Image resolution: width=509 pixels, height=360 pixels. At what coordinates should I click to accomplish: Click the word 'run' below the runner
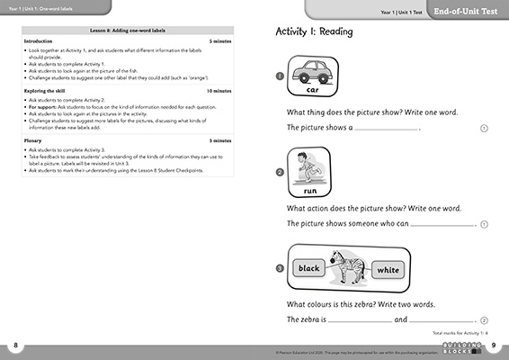pyautogui.click(x=311, y=191)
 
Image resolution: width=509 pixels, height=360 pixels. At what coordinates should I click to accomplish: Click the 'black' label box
pyautogui.click(x=309, y=268)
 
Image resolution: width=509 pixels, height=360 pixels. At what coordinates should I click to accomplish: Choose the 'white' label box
pyautogui.click(x=388, y=269)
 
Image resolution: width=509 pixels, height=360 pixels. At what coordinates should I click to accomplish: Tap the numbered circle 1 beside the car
pyautogui.click(x=281, y=77)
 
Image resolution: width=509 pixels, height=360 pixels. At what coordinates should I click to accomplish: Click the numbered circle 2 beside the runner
pyautogui.click(x=281, y=173)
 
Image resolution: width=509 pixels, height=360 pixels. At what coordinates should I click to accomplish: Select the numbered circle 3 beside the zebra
pyautogui.click(x=281, y=268)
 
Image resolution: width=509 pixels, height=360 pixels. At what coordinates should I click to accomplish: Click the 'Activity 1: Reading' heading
pyautogui.click(x=314, y=31)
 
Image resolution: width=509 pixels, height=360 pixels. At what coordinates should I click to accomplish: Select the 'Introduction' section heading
pyautogui.click(x=38, y=41)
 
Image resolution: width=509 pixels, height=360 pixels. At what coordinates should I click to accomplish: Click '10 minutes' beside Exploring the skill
pyautogui.click(x=219, y=91)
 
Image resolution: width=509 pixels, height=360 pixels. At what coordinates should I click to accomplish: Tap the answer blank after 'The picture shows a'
pyautogui.click(x=387, y=128)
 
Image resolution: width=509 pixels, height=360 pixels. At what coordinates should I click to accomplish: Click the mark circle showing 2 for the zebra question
pyautogui.click(x=484, y=319)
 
